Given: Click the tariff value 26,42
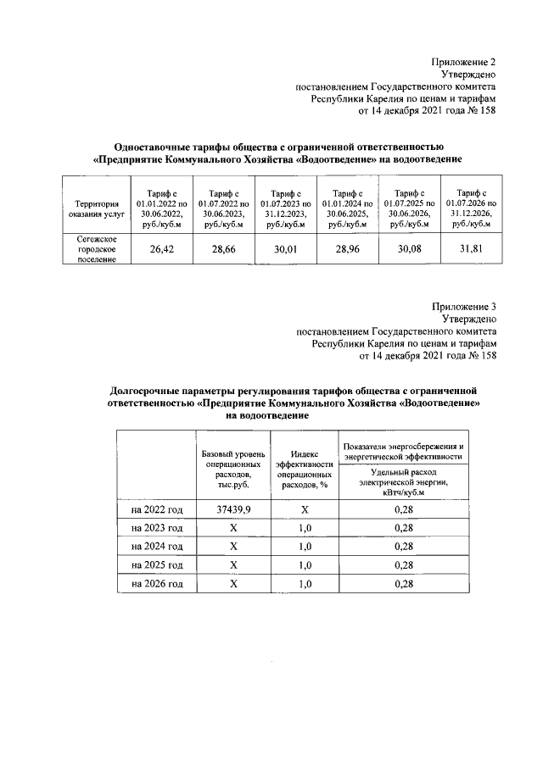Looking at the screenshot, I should (161, 249).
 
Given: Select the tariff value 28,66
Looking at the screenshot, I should (223, 249).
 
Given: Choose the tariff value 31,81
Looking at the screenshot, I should (471, 249).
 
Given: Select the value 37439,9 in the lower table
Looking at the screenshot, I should (232, 509).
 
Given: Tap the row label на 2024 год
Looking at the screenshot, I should (157, 546).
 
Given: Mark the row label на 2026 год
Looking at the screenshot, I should (157, 584).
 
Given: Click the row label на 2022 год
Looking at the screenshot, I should (157, 509).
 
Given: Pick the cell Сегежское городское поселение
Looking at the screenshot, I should (96, 249).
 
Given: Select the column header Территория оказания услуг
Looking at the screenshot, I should (96, 208).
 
